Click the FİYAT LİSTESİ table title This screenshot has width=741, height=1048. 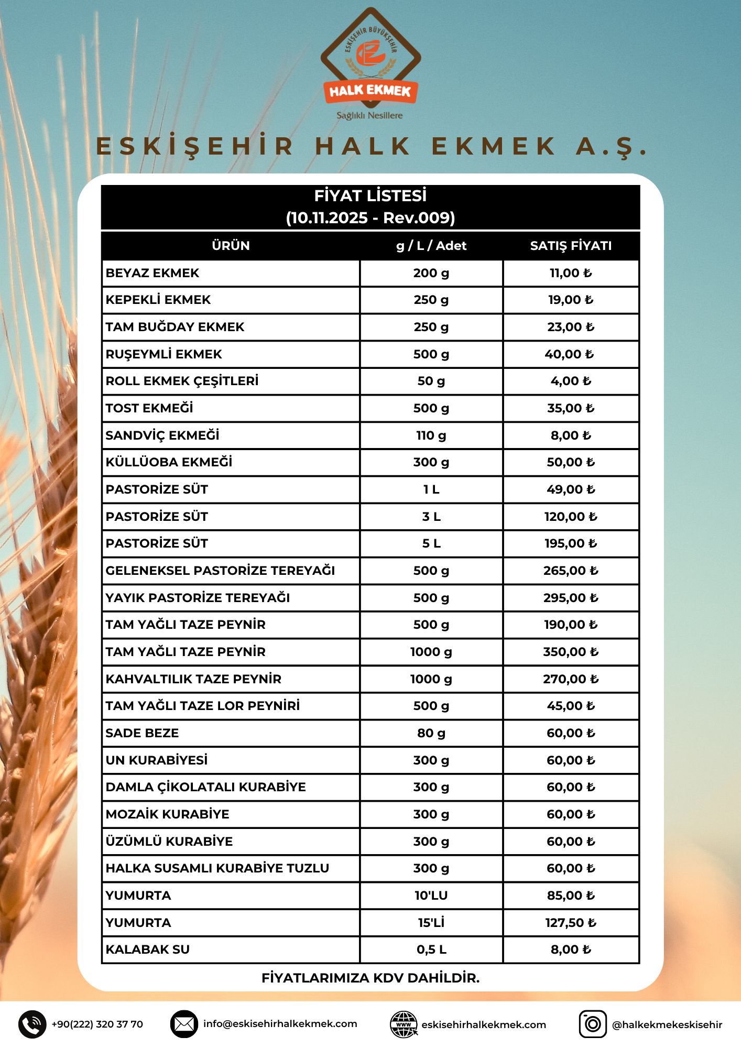[370, 196]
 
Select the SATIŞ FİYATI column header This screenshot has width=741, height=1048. [571, 246]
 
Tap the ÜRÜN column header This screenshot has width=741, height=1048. [231, 246]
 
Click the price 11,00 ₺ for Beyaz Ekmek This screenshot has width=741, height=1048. [571, 273]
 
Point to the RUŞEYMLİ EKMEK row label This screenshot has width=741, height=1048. [164, 354]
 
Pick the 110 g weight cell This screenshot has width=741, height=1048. [431, 435]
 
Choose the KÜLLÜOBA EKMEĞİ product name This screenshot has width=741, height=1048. [169, 462]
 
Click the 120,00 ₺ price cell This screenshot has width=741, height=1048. [571, 517]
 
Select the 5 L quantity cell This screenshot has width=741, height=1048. [431, 543]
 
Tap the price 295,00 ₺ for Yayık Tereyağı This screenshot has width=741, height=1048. [571, 598]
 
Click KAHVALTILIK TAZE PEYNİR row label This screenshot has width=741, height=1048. [193, 679]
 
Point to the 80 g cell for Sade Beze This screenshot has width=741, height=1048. [431, 733]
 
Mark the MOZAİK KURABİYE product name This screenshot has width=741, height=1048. [167, 814]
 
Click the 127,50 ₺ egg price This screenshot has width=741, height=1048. [571, 923]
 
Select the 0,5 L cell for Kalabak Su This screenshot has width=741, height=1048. [431, 949]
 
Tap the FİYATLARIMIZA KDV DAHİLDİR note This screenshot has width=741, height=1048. [370, 978]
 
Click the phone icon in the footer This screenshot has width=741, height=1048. [32, 1024]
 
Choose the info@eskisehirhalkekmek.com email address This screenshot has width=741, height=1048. [280, 1024]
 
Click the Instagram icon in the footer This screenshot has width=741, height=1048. [592, 1024]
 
